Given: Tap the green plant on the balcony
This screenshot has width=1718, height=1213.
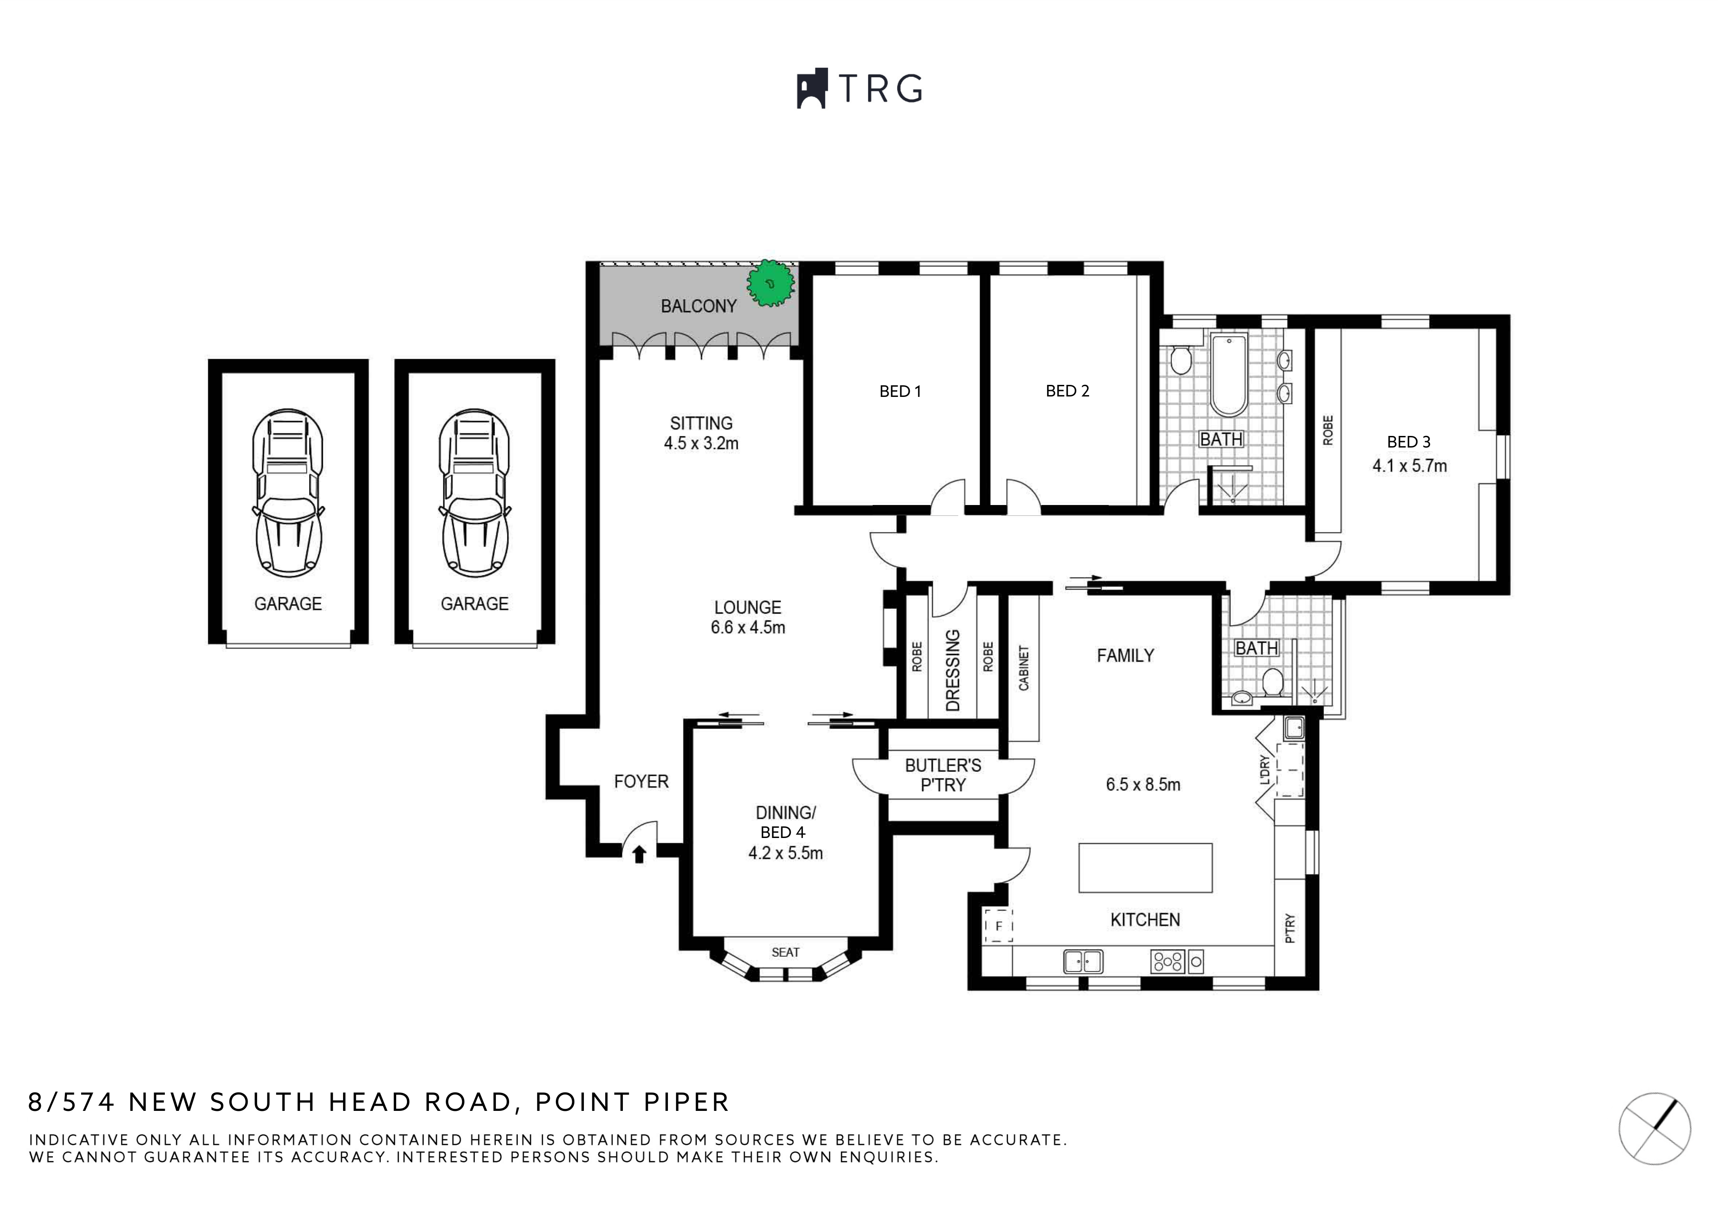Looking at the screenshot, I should [x=770, y=283].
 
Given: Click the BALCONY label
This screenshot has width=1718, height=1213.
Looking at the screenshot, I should [x=698, y=306].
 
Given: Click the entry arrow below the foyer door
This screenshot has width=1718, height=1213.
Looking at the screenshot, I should [x=639, y=853].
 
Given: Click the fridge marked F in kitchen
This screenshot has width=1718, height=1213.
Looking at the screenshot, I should [x=998, y=925].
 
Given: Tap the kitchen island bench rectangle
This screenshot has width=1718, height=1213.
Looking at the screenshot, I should [x=1145, y=868].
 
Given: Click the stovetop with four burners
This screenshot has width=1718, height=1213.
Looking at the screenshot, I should [x=1167, y=961].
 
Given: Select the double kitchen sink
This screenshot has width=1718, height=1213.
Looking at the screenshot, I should [x=1083, y=961].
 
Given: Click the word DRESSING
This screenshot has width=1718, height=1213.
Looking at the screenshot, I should [x=953, y=670].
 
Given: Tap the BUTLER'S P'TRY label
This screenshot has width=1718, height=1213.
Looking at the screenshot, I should [x=943, y=775].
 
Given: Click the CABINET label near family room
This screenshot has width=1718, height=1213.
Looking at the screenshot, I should [x=1023, y=668].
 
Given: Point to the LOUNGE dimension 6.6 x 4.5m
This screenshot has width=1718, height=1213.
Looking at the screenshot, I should [x=747, y=627].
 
